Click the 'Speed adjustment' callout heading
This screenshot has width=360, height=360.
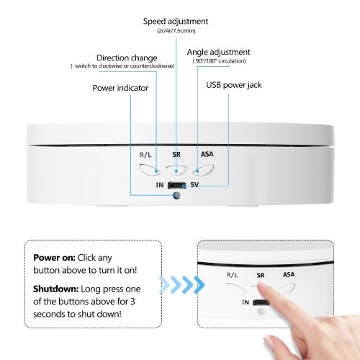pos(176,22)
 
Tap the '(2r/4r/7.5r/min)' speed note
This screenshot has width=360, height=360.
pos(176,31)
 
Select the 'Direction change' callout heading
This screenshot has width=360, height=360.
pos(127,58)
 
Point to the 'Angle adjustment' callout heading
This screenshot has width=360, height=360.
pos(218,53)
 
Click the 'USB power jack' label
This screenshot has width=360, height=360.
pos(234,85)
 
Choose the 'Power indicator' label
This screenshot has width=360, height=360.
pos(120,88)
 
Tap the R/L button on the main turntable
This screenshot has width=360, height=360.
pos(150,170)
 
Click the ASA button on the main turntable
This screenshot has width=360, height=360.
pos(203,170)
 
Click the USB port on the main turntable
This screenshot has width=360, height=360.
pos(177,185)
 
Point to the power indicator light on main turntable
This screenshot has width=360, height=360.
pos(176,196)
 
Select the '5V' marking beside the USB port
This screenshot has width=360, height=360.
pos(194,185)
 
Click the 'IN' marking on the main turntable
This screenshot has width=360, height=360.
pos(160,185)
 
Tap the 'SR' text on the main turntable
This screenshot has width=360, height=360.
pos(176,155)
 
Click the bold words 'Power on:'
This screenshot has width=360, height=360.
pos(54,258)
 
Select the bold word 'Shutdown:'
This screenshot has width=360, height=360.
pos(56,289)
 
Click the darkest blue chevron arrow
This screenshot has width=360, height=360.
pos(199,285)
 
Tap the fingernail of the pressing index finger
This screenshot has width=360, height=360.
pos(264,285)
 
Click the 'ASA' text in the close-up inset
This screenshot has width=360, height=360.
pos(289,274)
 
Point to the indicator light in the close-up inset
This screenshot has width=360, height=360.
pos(261,312)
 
